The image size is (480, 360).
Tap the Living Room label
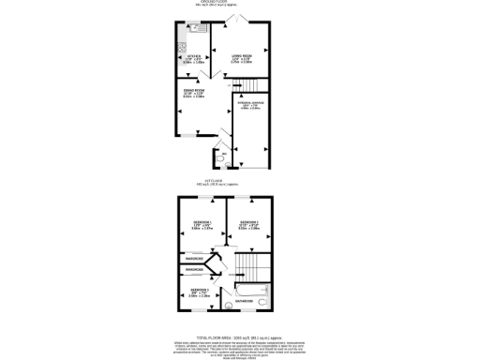coord(242,61)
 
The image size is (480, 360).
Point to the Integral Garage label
coord(249,107)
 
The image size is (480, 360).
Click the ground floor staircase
coord(251,85)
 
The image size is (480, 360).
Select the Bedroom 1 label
coord(202,224)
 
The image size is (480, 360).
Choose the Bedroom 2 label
coord(248,224)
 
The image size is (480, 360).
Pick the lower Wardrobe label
coord(195,272)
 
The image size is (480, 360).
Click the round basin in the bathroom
coord(226,304)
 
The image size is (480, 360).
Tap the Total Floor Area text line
coord(239,335)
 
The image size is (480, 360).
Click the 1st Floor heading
coord(239,184)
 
